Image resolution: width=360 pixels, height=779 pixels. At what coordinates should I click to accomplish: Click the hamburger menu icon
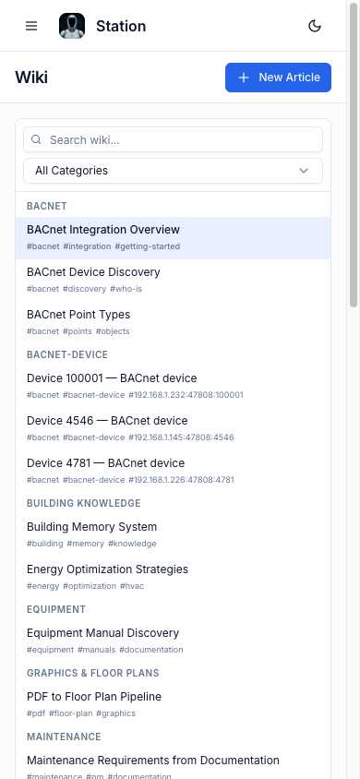point(31,26)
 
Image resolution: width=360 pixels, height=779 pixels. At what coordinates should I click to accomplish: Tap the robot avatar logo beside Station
point(72,26)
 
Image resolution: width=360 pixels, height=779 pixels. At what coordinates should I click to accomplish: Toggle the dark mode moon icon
point(315,26)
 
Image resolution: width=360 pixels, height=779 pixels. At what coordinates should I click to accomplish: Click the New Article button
point(278,78)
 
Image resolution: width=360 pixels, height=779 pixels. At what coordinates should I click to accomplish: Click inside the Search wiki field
point(173,139)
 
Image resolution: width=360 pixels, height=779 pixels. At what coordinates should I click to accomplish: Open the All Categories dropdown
point(173,171)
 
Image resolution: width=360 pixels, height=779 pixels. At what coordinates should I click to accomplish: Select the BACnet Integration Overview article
point(103,230)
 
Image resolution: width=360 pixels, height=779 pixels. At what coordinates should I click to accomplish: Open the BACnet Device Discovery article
point(93,272)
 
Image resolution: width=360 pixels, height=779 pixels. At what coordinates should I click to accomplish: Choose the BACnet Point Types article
point(78,315)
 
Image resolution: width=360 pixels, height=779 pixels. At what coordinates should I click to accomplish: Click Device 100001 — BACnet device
point(112,378)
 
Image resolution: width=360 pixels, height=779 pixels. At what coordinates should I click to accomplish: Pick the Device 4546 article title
point(107,421)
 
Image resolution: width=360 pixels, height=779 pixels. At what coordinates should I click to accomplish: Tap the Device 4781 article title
point(106,463)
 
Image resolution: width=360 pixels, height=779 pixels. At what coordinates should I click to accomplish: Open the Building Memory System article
point(92,527)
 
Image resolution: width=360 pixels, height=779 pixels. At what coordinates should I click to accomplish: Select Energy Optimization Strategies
point(107,569)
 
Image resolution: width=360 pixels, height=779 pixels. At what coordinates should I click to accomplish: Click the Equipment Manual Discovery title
point(102,633)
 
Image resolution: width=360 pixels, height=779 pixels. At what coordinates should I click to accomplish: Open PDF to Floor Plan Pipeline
point(94,697)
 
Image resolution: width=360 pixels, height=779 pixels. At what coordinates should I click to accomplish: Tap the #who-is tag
point(126,289)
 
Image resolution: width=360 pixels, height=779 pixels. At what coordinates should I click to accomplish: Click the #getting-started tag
point(148,246)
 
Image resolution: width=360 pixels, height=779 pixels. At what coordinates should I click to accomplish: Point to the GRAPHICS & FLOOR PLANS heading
point(93,673)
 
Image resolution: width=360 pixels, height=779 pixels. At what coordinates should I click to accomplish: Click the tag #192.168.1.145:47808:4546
point(181,437)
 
